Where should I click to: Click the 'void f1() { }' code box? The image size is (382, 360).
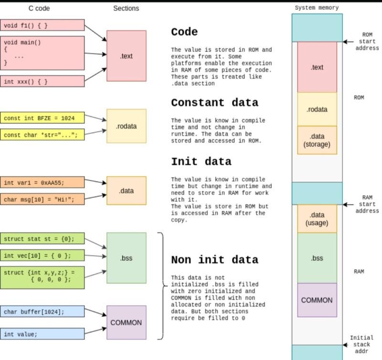42,25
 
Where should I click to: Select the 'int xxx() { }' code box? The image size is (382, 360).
42,81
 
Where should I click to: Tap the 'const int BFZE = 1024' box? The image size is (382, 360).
42,118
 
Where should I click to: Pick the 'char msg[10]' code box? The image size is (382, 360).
42,198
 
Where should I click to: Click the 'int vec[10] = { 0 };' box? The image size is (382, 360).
42,255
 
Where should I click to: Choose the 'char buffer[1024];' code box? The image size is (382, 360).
42,312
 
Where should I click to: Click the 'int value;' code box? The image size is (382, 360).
42,334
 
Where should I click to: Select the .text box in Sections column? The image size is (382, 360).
127,56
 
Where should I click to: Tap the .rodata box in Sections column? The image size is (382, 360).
127,126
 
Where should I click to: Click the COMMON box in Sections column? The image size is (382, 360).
126,323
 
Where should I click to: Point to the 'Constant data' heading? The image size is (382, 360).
214,103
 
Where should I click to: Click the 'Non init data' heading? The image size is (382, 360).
214,260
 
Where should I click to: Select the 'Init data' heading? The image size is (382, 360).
201,161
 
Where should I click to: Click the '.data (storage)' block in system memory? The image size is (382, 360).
317,140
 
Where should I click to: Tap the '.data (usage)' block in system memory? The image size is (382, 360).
317,219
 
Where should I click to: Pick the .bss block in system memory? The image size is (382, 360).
317,258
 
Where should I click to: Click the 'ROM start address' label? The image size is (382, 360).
367,41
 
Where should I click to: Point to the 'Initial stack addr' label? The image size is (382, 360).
361,344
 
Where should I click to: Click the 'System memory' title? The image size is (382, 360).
317,8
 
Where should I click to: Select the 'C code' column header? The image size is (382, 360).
40,8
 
